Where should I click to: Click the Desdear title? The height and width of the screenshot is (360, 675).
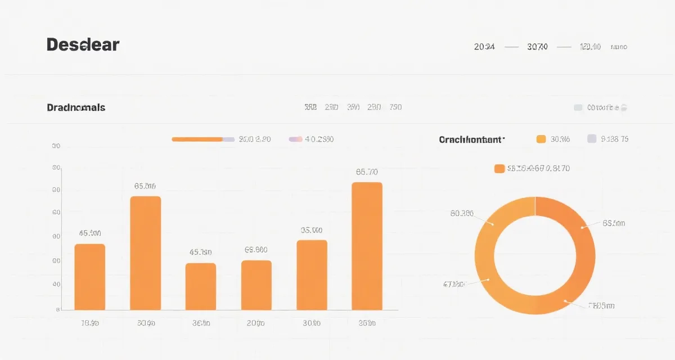[83, 45]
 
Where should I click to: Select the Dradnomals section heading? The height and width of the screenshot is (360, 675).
[76, 107]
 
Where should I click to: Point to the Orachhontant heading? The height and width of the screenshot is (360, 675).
[471, 139]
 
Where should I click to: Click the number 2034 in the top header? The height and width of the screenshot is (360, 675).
[484, 47]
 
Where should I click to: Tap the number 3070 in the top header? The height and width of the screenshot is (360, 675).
[537, 47]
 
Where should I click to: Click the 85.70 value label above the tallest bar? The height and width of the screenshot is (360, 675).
[367, 172]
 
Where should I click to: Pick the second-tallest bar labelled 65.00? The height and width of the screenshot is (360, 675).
[145, 253]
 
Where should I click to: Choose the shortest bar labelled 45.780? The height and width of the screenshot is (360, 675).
[201, 286]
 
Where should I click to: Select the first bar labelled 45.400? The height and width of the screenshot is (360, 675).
[90, 277]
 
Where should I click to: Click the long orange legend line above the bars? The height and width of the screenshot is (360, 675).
[197, 139]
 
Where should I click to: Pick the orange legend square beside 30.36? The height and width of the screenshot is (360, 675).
[541, 139]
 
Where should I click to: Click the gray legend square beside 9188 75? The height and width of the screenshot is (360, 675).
[591, 139]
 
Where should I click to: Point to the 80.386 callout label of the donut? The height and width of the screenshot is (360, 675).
[462, 213]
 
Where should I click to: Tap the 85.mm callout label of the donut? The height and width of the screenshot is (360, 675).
[614, 223]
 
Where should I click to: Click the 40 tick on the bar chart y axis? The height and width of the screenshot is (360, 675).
[56, 285]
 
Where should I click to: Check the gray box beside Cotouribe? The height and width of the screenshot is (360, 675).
[578, 107]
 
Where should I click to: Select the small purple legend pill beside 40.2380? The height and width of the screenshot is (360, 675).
[295, 139]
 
